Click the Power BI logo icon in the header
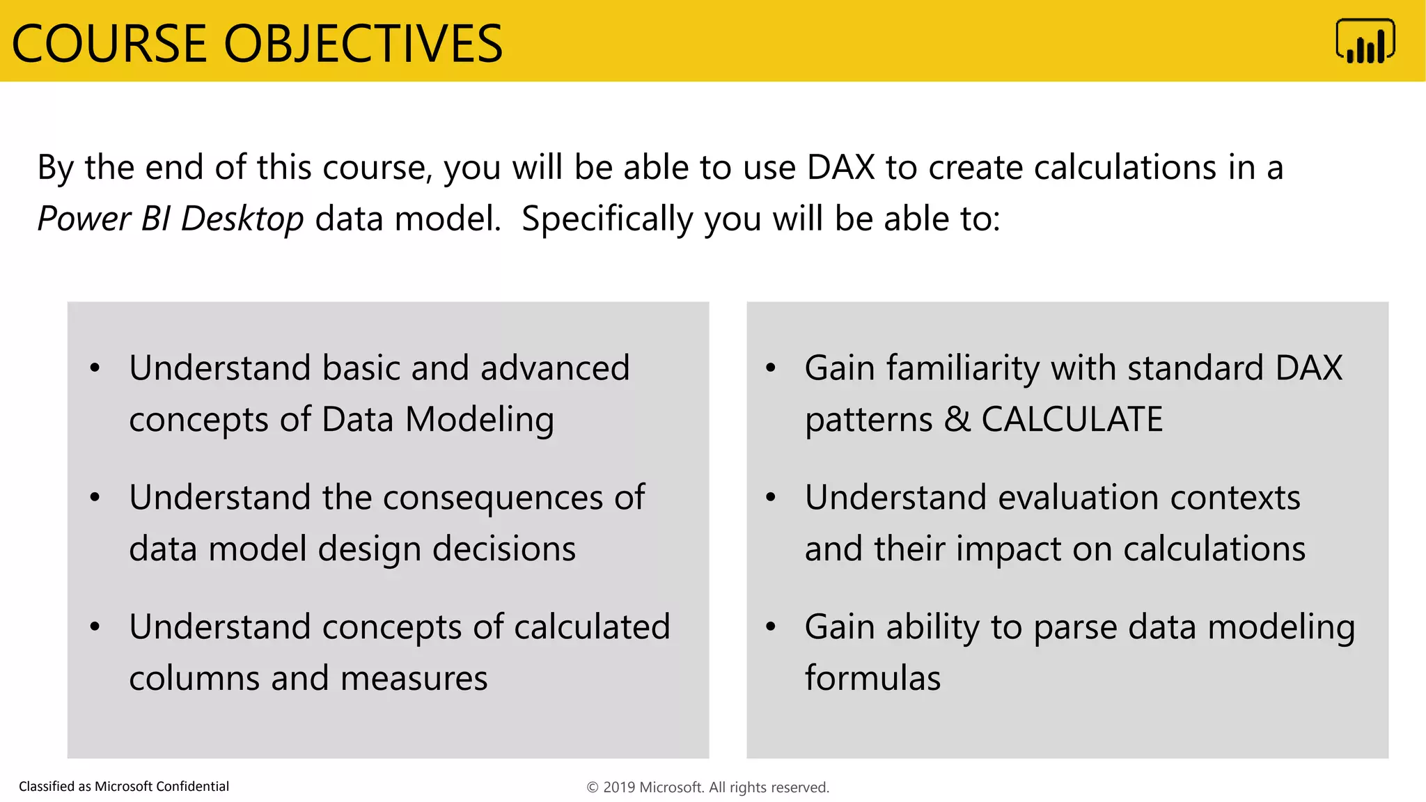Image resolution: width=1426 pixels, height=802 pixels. coord(1365,41)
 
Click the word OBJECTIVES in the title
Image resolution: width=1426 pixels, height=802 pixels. coord(363,44)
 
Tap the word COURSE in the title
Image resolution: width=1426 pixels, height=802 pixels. coord(109,44)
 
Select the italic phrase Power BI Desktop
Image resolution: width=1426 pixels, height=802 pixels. coord(171,219)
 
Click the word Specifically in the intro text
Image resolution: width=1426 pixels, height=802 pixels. coord(607,220)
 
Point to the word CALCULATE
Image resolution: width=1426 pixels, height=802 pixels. coord(1072,419)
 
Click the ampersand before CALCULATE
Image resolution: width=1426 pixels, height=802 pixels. coord(957,419)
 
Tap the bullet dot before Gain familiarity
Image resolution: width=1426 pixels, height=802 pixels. coord(770,368)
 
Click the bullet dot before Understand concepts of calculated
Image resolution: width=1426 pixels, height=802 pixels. coord(95,627)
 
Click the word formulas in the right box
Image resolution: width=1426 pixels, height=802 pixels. coord(872,679)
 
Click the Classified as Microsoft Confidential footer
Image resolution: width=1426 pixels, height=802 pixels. coord(124,787)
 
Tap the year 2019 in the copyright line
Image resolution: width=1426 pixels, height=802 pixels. coord(618,787)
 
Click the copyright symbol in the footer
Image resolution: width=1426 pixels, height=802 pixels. coord(593,787)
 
